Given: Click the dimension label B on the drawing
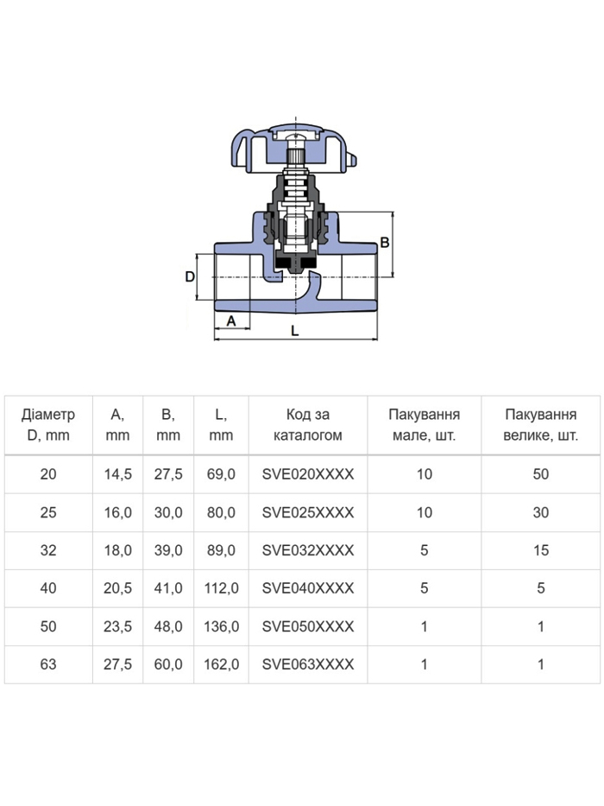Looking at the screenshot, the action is (384, 242).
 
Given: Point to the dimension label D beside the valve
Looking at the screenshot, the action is (190, 276).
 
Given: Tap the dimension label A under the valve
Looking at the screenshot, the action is (231, 320).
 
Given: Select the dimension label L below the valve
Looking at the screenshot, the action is (295, 331).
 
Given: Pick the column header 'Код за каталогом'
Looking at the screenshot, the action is (308, 424).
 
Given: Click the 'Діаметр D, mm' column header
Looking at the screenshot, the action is (48, 424).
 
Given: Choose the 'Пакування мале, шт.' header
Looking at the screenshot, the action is (425, 424).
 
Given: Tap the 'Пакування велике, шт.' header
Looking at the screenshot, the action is (541, 424).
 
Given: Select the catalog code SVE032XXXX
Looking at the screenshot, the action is (308, 550).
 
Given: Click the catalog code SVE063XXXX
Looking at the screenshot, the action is (308, 664).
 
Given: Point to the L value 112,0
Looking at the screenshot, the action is (222, 588).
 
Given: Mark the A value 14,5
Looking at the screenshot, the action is (117, 474).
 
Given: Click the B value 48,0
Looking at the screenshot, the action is (168, 626).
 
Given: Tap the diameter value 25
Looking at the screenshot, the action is (48, 512).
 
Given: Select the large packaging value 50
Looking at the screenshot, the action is (541, 474).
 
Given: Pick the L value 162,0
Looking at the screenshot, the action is (222, 664).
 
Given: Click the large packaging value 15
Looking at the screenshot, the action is (541, 550).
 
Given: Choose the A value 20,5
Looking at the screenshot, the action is (117, 588).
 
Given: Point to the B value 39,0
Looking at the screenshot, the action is (168, 550).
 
